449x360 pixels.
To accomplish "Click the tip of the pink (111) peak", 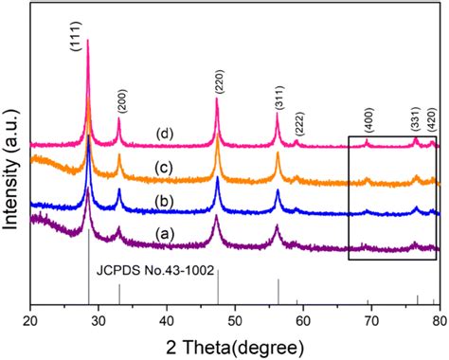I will click(x=88, y=40).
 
